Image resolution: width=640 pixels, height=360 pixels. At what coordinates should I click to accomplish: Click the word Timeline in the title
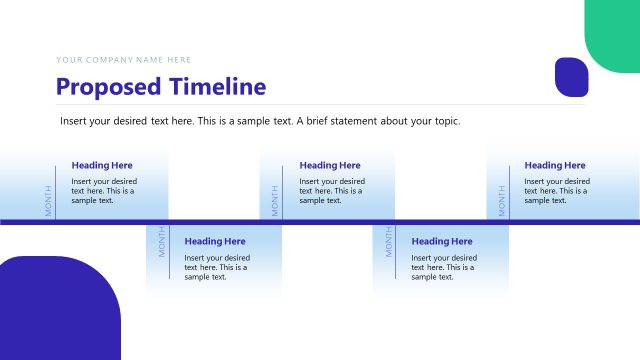pyautogui.click(x=217, y=87)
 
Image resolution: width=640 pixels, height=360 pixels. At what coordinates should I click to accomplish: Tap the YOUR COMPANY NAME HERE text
pyautogui.click(x=123, y=60)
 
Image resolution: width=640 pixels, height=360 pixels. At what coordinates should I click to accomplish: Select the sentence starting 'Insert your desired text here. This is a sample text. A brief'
pyautogui.click(x=260, y=121)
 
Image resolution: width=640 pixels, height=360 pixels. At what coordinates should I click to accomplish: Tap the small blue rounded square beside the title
pyautogui.click(x=571, y=77)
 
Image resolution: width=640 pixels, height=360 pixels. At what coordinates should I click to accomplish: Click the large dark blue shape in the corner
pyautogui.click(x=59, y=310)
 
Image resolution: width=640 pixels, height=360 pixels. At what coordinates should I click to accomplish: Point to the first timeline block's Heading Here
pyautogui.click(x=102, y=165)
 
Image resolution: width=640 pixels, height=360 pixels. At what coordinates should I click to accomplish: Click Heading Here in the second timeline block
pyautogui.click(x=215, y=241)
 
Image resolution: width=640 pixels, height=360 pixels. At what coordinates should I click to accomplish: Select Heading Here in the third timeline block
pyautogui.click(x=330, y=165)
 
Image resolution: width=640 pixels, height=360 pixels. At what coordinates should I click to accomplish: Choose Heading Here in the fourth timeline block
pyautogui.click(x=442, y=241)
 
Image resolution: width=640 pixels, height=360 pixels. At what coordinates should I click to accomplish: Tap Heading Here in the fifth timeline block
pyautogui.click(x=555, y=165)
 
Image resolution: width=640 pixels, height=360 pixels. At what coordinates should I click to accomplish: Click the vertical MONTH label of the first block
pyautogui.click(x=47, y=200)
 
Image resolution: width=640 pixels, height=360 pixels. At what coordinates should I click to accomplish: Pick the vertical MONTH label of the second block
pyautogui.click(x=161, y=241)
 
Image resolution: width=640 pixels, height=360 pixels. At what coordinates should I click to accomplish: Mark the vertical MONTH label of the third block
pyautogui.click(x=275, y=200)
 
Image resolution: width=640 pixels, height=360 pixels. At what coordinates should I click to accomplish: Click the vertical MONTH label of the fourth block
pyautogui.click(x=389, y=241)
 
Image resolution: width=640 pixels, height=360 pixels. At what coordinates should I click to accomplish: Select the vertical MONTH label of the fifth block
pyautogui.click(x=502, y=200)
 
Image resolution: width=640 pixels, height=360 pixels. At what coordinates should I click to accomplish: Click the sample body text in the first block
pyautogui.click(x=104, y=190)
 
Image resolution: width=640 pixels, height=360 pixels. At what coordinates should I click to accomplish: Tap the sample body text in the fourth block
pyautogui.click(x=444, y=267)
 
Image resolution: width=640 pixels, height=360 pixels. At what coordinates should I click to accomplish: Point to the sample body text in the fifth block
pyautogui.click(x=557, y=190)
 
